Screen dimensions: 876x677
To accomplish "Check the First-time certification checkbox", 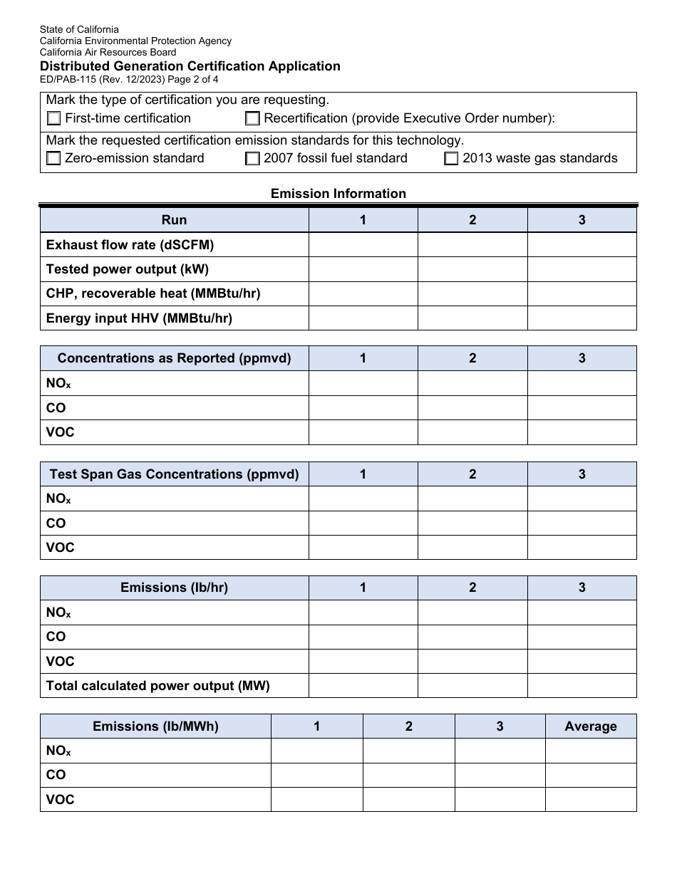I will click(53, 119).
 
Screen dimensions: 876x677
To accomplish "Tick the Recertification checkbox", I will click(252, 119).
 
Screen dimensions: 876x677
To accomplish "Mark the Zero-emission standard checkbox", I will click(53, 159).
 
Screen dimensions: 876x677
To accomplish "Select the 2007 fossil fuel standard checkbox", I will click(252, 159).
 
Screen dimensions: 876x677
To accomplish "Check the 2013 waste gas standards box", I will click(451, 159).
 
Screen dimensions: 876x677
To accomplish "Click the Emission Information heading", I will click(338, 194).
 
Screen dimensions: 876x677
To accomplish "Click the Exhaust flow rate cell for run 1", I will click(363, 245).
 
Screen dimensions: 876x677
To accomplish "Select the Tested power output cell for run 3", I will click(582, 269).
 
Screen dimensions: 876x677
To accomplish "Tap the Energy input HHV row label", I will click(139, 318).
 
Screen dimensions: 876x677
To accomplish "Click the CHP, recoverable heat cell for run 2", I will click(472, 293).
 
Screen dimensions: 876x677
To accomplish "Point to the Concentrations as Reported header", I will click(174, 358).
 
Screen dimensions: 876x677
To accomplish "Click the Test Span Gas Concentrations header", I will click(174, 474).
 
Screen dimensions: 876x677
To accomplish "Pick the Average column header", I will click(590, 726).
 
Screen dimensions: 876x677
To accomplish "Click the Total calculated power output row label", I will click(158, 686).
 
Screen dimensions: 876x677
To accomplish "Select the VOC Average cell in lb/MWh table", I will click(590, 800).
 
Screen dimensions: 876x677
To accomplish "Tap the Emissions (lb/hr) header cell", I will click(174, 588).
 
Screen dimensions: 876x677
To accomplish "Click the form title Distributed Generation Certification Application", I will click(190, 66).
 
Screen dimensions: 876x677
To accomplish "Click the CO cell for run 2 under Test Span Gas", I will click(472, 523).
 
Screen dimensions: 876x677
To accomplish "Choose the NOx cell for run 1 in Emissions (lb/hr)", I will click(363, 612).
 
